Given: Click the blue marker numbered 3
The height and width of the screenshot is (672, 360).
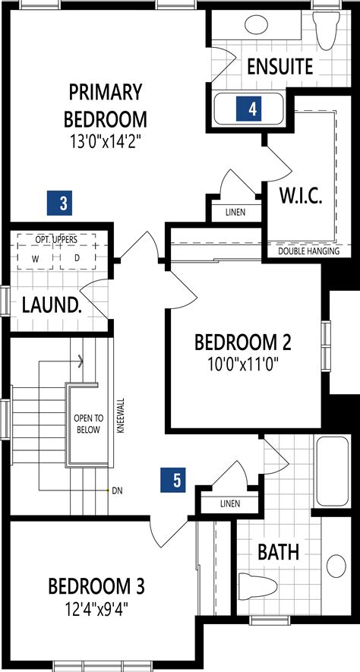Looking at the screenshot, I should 64,203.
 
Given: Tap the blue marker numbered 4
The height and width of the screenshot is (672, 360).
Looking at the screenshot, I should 252,109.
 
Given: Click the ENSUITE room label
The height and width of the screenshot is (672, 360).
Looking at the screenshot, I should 279,67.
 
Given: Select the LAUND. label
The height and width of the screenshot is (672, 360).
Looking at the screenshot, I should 51,305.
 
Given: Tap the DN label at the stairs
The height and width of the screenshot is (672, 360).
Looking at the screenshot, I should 118,491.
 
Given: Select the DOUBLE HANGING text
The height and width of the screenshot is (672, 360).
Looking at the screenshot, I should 308,251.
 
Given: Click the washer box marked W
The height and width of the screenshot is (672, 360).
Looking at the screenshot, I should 35,258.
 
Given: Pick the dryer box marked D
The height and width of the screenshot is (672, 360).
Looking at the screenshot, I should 76,258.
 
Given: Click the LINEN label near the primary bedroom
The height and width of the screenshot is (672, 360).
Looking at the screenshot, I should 235,213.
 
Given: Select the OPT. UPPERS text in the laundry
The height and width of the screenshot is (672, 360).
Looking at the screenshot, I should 57,240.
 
